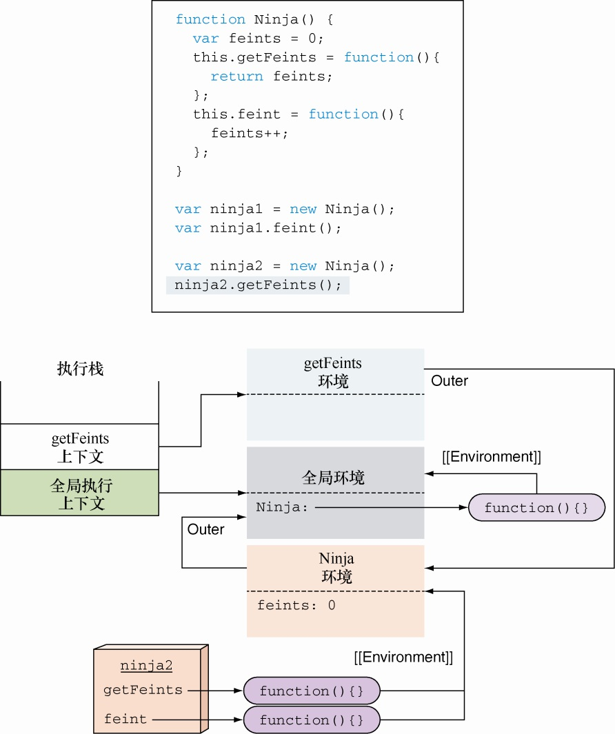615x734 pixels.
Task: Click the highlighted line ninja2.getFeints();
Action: [258, 285]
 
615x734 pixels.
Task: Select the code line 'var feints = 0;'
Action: [258, 39]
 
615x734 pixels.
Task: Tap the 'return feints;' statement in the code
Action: [272, 77]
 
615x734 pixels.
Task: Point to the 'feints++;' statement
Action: [250, 133]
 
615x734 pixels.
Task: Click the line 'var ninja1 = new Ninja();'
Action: [285, 209]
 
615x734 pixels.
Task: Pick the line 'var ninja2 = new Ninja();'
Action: [285, 266]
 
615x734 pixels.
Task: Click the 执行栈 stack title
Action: [80, 369]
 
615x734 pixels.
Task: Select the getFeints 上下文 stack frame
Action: [80, 447]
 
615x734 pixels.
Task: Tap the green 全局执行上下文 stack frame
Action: [80, 493]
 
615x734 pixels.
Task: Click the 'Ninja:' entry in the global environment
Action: [283, 508]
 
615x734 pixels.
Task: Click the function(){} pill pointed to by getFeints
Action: [312, 691]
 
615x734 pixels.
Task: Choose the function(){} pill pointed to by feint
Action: [312, 720]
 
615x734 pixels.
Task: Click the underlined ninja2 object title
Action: [146, 666]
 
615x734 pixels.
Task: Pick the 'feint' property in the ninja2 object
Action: [125, 720]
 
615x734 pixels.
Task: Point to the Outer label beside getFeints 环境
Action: [450, 381]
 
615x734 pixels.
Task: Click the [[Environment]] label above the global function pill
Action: [491, 456]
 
